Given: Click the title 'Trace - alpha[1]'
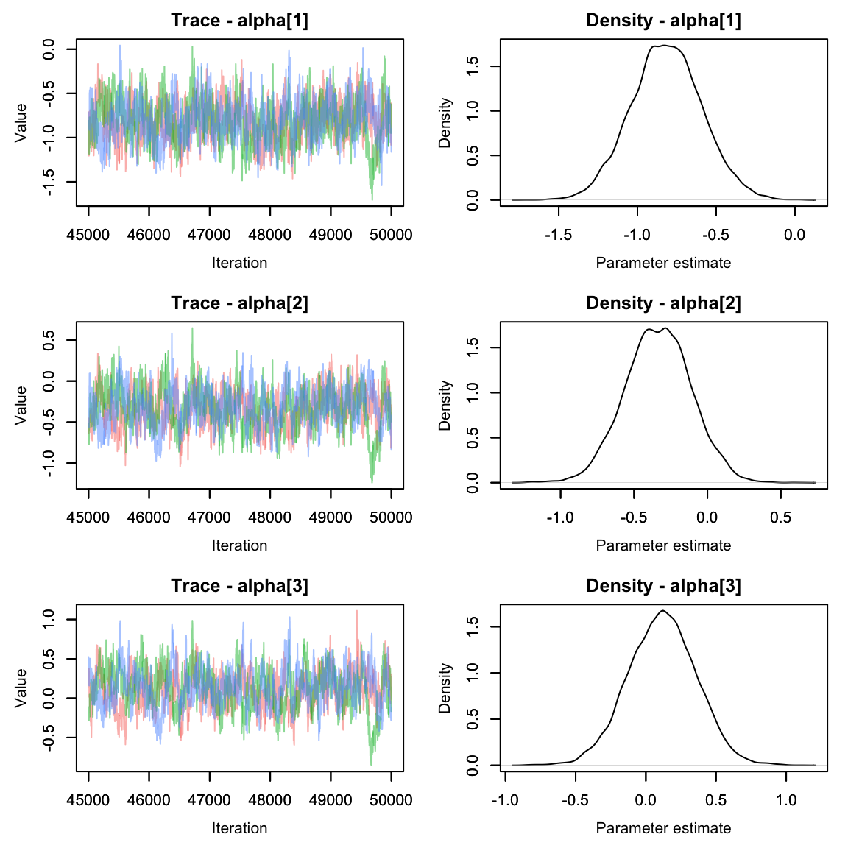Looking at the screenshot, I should [x=239, y=21].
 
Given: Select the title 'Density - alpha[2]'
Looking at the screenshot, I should [x=663, y=303].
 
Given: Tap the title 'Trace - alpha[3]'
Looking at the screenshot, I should [x=239, y=586].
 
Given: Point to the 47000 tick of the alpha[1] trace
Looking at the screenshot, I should [x=210, y=235].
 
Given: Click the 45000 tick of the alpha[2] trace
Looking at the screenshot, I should [x=88, y=517].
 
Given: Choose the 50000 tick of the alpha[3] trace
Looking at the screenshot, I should [x=391, y=800].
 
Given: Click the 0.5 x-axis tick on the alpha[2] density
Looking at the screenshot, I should [x=781, y=517].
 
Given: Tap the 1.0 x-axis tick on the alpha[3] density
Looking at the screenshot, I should [x=786, y=800].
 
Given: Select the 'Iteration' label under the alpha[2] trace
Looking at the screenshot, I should [x=239, y=545].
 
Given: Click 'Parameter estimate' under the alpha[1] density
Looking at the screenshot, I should [x=663, y=263].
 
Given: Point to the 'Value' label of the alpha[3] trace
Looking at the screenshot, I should [x=21, y=688].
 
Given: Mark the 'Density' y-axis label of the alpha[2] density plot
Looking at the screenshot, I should [x=445, y=405].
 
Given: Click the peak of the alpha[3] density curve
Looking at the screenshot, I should [x=663, y=611].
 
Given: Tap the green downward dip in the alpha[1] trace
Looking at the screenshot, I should [x=372, y=197].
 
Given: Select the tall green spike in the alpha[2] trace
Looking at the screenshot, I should [x=192, y=329].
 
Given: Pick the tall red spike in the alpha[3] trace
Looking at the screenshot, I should [x=357, y=611].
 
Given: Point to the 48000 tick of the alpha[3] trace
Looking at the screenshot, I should [x=270, y=800].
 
